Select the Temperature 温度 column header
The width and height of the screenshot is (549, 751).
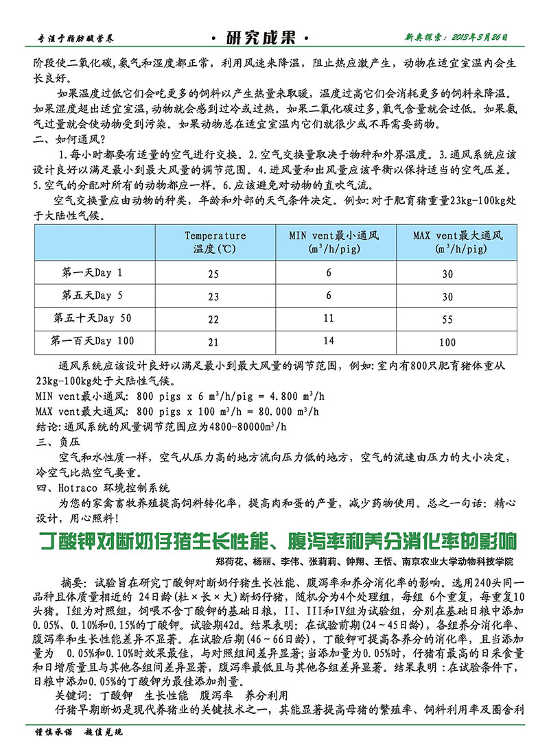(215, 241)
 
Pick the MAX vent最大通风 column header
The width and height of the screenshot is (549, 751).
(458, 241)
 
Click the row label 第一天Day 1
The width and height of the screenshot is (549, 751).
(93, 273)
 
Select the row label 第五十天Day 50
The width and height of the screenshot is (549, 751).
(93, 318)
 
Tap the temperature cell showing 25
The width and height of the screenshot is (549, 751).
(213, 274)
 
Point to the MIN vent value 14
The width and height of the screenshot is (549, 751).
(329, 341)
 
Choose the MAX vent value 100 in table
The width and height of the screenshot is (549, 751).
(447, 342)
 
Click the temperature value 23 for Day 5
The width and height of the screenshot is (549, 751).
(213, 296)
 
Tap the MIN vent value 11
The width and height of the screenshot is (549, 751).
(329, 318)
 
